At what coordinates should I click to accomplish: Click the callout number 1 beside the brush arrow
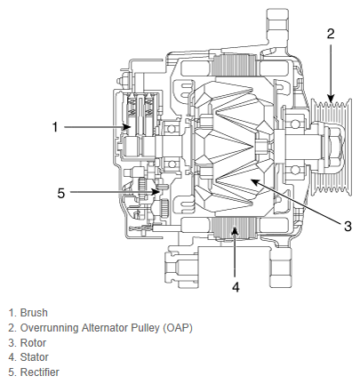55,127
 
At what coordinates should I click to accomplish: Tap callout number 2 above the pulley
331,34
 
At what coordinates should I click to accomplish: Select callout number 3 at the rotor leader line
348,226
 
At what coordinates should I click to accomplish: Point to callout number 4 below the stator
236,287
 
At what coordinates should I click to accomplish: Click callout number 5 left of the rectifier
60,193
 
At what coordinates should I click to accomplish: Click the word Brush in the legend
34,313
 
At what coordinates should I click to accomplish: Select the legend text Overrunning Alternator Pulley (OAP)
106,328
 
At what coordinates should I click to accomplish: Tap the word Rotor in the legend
33,343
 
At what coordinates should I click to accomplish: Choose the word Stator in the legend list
34,357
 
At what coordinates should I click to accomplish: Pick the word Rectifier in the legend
40,372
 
